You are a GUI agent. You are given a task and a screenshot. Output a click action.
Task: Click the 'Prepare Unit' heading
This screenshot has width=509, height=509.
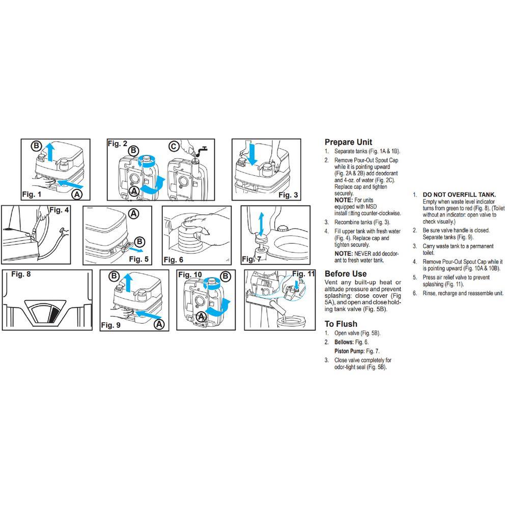coord(348,142)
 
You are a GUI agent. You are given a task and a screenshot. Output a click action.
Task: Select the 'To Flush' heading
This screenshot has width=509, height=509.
coord(341,324)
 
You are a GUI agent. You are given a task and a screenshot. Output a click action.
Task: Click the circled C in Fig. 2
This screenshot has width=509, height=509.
coord(173,147)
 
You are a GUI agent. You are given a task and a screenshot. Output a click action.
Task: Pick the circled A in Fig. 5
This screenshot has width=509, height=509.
coord(133,214)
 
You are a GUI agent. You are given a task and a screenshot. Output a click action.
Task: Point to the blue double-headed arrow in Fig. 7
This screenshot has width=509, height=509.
coord(261,224)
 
